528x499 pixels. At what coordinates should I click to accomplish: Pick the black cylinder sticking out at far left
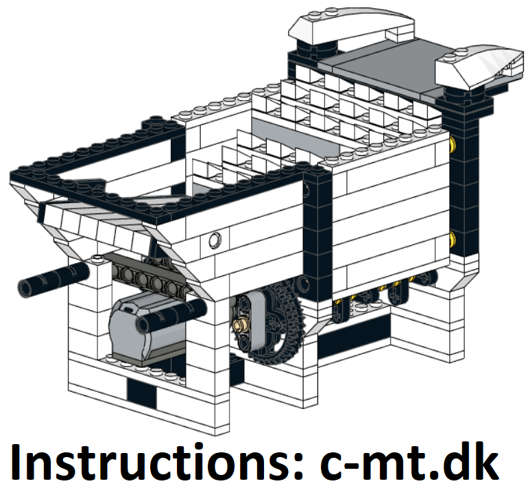point(54,279)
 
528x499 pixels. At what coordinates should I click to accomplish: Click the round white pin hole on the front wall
point(215,240)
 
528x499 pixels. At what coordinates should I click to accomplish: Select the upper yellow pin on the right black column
point(453,143)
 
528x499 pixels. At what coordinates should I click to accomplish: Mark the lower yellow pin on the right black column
point(453,239)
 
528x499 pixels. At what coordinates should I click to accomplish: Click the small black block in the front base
point(141,391)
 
